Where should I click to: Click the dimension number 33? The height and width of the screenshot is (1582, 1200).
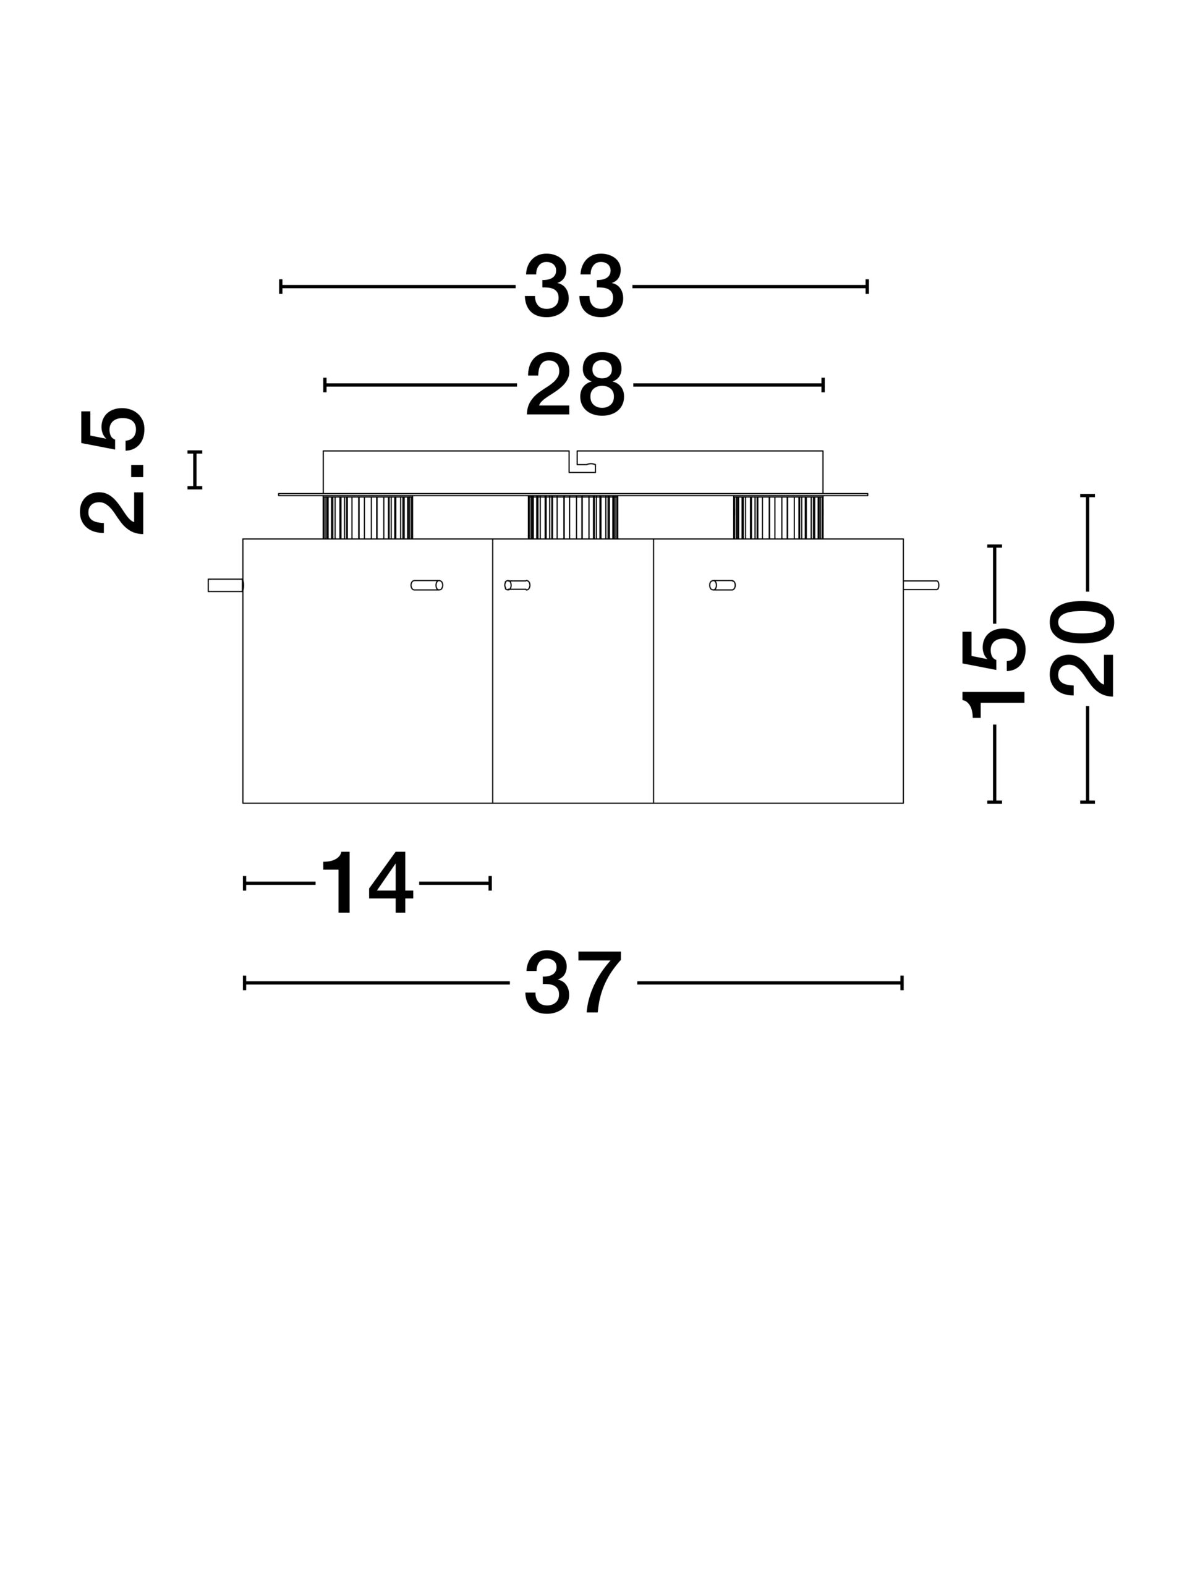pyautogui.click(x=574, y=286)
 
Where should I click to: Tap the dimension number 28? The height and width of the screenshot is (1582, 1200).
pyautogui.click(x=576, y=385)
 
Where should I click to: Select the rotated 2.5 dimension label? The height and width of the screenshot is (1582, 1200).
pyautogui.click(x=113, y=472)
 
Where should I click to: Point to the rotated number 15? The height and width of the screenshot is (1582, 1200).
pyautogui.click(x=994, y=673)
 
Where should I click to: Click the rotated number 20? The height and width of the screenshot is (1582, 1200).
pyautogui.click(x=1082, y=649)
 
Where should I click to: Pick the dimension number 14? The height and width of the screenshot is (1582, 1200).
pyautogui.click(x=367, y=882)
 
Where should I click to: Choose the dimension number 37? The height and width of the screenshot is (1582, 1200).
pyautogui.click(x=573, y=982)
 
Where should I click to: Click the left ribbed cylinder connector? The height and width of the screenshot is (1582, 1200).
pyautogui.click(x=368, y=517)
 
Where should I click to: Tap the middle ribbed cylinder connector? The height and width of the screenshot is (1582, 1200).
pyautogui.click(x=572, y=517)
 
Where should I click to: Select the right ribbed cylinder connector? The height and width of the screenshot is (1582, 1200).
pyautogui.click(x=778, y=517)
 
